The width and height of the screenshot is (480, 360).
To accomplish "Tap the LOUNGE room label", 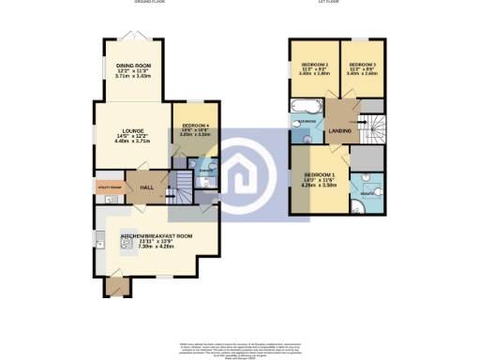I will [x=131, y=132].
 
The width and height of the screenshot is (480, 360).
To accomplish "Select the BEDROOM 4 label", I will [x=194, y=125].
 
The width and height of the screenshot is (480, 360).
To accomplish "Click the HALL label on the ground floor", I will [x=146, y=187].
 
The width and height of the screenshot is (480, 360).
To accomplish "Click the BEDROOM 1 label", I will [x=319, y=174].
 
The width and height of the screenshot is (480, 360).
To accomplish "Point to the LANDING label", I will [x=340, y=130].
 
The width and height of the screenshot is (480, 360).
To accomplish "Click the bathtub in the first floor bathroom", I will [x=305, y=106].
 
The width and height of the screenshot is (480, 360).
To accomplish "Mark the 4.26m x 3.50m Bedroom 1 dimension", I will [x=319, y=186].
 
